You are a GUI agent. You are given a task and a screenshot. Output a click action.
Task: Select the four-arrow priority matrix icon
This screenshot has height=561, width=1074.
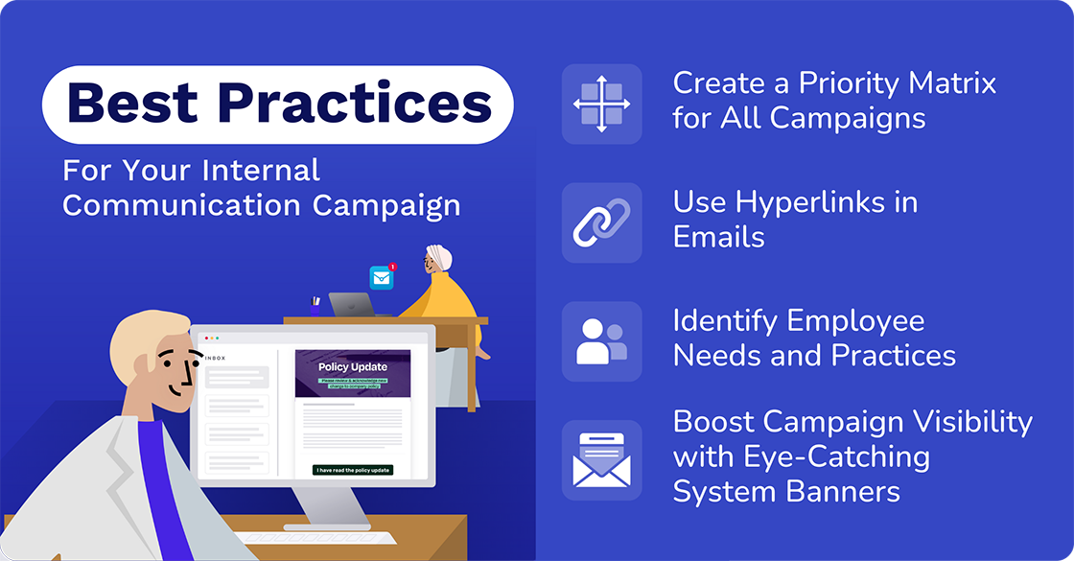click(601, 104)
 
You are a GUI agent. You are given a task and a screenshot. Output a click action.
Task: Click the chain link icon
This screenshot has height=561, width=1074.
click(601, 222)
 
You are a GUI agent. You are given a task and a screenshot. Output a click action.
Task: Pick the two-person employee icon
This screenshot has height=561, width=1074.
click(601, 341)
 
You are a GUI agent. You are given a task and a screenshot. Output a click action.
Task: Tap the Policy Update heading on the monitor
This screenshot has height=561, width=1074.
click(353, 366)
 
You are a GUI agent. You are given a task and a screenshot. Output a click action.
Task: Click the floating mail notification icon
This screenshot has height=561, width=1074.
click(383, 277)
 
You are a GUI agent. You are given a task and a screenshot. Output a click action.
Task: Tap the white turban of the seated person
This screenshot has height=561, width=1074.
click(439, 258)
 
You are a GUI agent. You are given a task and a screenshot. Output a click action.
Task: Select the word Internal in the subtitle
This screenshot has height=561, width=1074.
click(261, 172)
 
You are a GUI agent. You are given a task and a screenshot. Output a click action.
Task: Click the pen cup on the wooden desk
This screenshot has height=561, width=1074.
click(315, 308)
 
